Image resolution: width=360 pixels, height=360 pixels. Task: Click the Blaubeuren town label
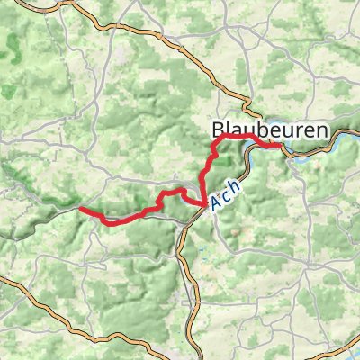point(270,128)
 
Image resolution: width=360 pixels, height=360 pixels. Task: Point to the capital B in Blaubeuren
point(219,128)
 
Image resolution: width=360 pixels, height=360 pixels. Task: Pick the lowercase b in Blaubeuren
point(263,128)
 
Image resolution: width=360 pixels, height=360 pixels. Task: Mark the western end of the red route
point(81,209)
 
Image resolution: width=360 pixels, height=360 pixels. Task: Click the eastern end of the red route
point(281,146)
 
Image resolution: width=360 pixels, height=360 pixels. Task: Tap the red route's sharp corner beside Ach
point(200,206)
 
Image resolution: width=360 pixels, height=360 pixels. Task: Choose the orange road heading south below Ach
point(184,270)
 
